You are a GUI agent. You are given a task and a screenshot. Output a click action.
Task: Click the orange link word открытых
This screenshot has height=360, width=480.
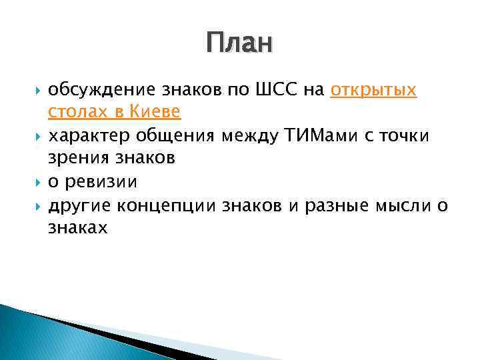[x=373, y=90]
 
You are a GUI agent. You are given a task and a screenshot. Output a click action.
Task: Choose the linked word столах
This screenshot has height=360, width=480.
[x=73, y=113]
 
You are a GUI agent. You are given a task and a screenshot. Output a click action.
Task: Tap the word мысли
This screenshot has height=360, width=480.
[x=405, y=205]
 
